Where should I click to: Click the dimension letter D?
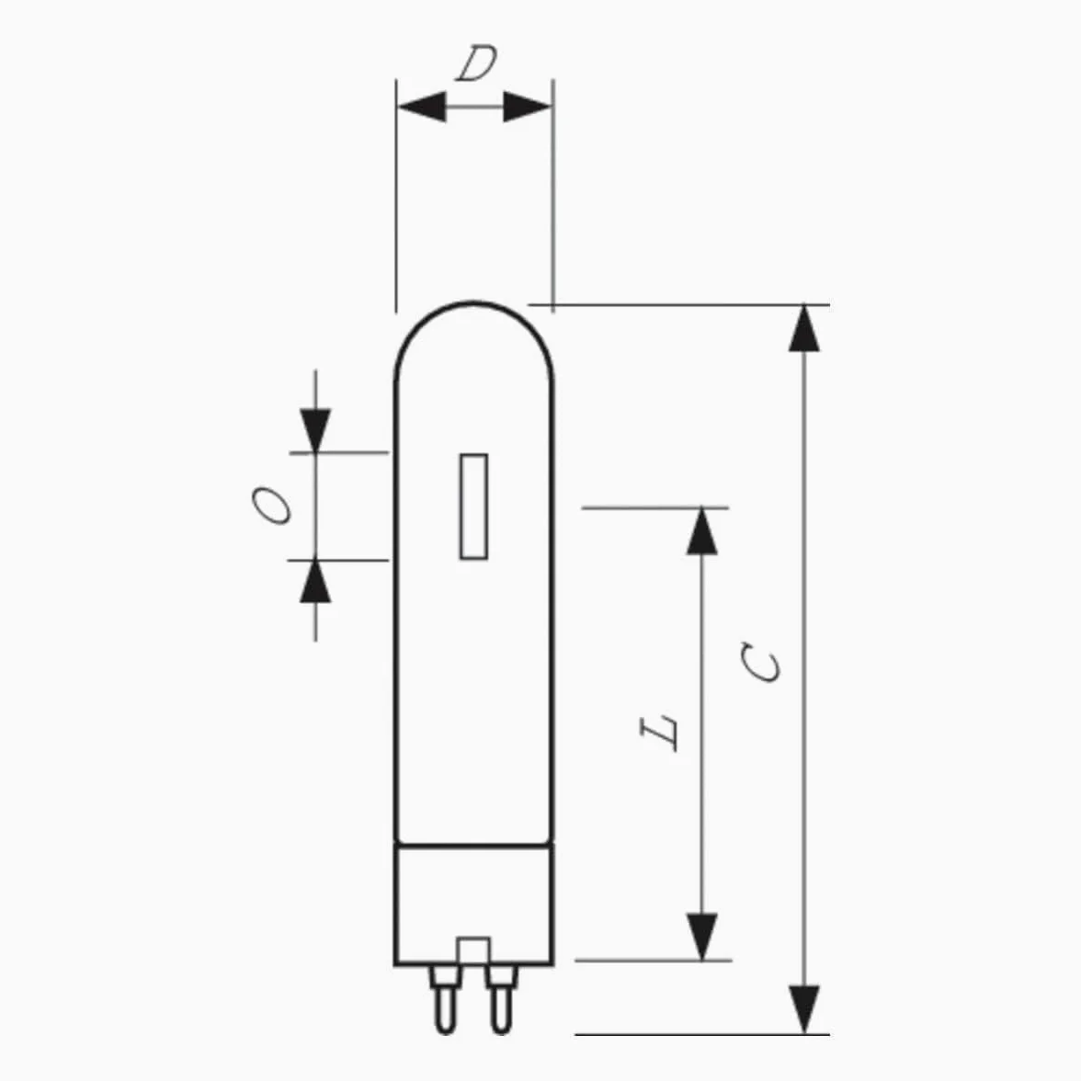coord(476,63)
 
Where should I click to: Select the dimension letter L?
coord(659,733)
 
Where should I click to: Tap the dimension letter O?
coord(271,506)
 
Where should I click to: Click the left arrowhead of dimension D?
coord(422,107)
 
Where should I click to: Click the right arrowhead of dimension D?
coord(528,107)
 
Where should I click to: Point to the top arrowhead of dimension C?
coord(803,328)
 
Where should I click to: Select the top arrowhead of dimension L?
coord(702,531)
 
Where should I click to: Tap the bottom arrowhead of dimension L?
coord(702,937)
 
